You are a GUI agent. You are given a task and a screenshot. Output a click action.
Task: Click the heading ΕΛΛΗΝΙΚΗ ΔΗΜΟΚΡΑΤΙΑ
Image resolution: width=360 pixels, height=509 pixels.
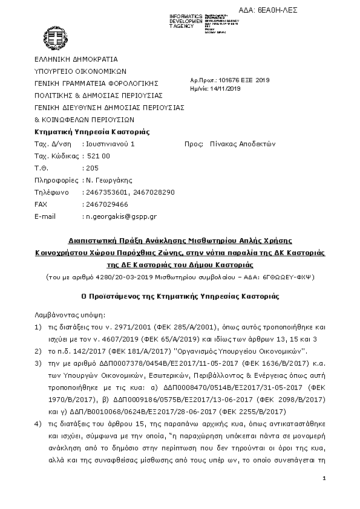click(x=76, y=59)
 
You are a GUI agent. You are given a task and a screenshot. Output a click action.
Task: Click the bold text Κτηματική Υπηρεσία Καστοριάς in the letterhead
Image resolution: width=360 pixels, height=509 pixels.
click(x=92, y=132)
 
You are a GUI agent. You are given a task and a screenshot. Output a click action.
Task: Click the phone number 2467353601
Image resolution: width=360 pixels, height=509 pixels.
click(x=105, y=192)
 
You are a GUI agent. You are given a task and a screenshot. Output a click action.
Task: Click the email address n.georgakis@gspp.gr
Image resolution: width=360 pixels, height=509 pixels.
click(x=121, y=216)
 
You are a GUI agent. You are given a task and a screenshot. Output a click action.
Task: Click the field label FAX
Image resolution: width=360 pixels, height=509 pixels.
click(x=41, y=204)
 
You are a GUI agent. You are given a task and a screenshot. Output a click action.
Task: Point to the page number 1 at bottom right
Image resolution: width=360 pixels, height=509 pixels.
click(x=325, y=479)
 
